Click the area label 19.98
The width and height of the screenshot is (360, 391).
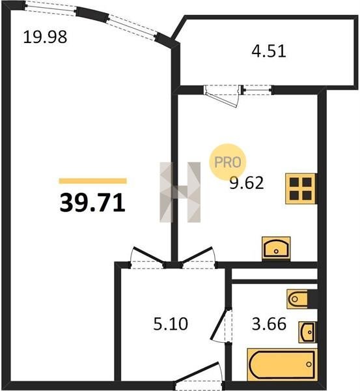pos(45,36)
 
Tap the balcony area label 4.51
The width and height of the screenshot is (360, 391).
pos(269,51)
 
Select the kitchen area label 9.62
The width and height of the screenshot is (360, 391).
pos(246,182)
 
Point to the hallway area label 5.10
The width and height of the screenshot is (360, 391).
pos(171,324)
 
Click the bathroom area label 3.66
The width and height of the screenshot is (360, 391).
pos(269,324)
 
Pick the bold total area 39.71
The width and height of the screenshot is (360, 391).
pos(92,203)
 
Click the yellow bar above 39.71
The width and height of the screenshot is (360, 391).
pos(92,181)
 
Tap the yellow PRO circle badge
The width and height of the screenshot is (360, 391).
pos(228,162)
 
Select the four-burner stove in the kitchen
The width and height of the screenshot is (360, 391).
pos(301,189)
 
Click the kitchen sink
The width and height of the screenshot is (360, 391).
pos(276,248)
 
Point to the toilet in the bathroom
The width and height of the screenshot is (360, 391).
pos(298,299)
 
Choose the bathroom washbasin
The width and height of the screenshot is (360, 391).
pos(307,332)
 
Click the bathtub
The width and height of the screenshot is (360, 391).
pos(282,364)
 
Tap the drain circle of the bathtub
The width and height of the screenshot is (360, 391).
pos(309,364)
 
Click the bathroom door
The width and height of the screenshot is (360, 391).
pos(221,325)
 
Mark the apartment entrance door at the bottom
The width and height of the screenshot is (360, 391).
pos(198,375)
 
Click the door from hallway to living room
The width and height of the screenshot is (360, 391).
pos(148,257)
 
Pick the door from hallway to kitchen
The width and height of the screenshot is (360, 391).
pos(199,257)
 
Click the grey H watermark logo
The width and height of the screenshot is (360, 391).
pos(180,192)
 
